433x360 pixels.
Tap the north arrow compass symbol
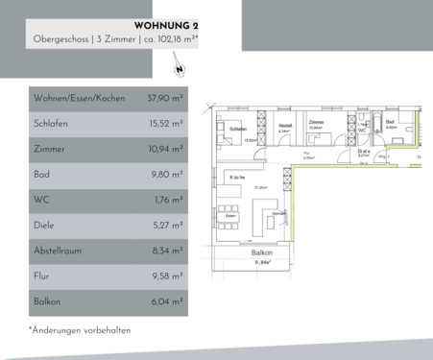180,69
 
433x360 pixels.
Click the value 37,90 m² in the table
165,98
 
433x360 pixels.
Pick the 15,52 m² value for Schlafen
165,123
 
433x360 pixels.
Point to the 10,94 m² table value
165,149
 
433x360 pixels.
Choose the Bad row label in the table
42,174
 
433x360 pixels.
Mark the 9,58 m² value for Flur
166,276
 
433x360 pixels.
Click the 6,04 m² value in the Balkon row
166,301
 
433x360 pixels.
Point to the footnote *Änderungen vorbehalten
79,330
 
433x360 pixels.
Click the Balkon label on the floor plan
263,253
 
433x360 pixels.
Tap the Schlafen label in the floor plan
239,129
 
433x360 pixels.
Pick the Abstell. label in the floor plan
284,125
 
